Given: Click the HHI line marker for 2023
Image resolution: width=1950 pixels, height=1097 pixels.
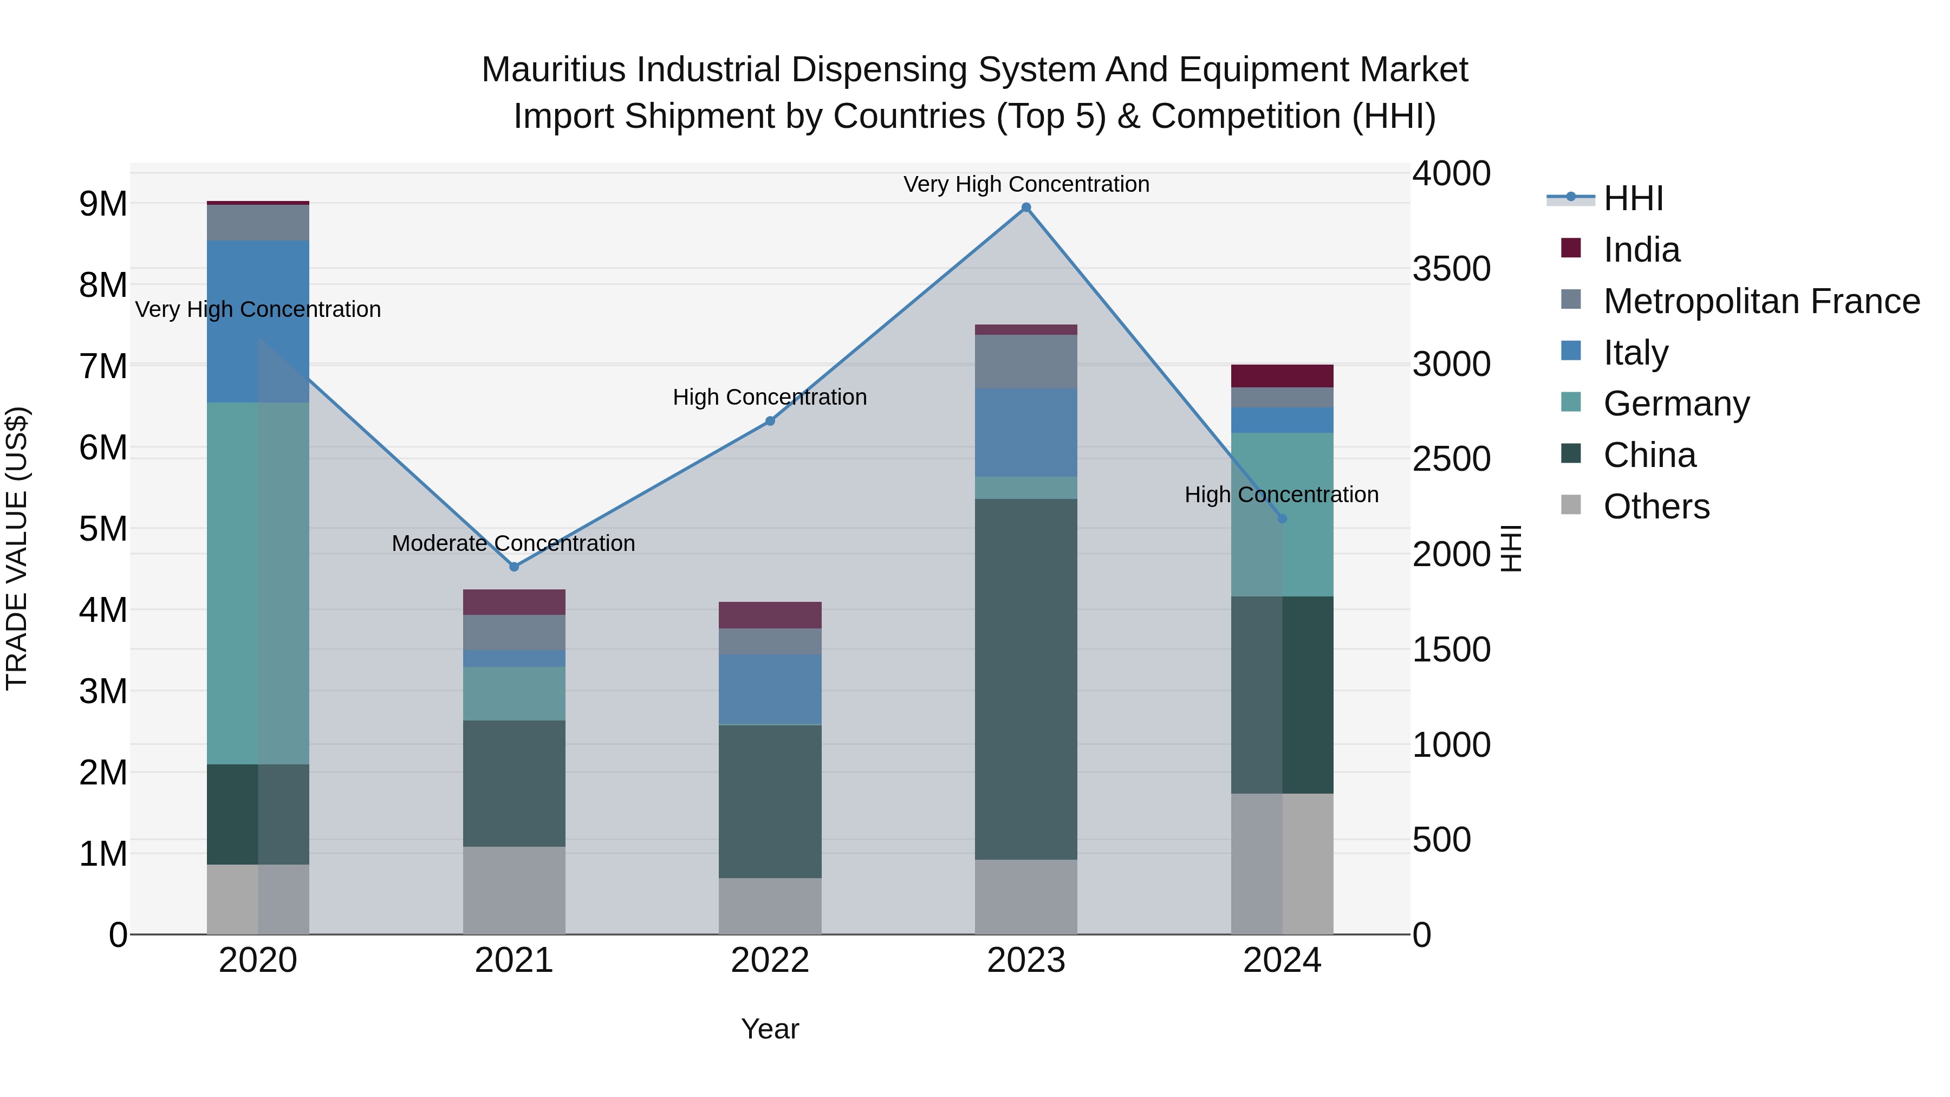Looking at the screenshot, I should point(1026,207).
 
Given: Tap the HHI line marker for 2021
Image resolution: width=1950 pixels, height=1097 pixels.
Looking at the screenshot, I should point(514,566).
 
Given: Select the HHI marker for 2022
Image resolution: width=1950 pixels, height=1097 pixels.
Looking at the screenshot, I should point(770,421).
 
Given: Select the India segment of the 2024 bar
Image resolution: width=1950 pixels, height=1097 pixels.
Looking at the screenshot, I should point(1282,377).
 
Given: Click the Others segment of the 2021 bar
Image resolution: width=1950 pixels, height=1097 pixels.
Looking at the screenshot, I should point(514,890).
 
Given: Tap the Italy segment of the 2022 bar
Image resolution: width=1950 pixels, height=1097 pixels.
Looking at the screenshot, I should point(770,689).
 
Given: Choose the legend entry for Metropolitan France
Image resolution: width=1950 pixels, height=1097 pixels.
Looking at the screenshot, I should point(1761,301).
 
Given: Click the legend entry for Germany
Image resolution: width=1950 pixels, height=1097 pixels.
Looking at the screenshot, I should point(1676,404).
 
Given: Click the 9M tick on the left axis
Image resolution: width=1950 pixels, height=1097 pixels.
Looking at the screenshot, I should point(103,204).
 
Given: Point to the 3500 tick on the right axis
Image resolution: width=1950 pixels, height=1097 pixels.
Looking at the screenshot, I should point(1451,269).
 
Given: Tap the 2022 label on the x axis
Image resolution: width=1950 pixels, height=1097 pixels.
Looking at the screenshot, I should point(770,960).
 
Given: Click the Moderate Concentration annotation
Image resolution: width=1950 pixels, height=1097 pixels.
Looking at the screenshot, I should point(513,543).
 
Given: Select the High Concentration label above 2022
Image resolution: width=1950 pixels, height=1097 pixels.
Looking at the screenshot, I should point(770,398).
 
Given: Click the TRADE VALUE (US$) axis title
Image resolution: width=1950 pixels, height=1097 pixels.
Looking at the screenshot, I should point(17,548).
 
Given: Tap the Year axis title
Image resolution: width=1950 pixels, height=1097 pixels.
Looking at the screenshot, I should point(770,1029).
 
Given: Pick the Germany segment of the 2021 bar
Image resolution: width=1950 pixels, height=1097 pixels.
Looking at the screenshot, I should point(514,693).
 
